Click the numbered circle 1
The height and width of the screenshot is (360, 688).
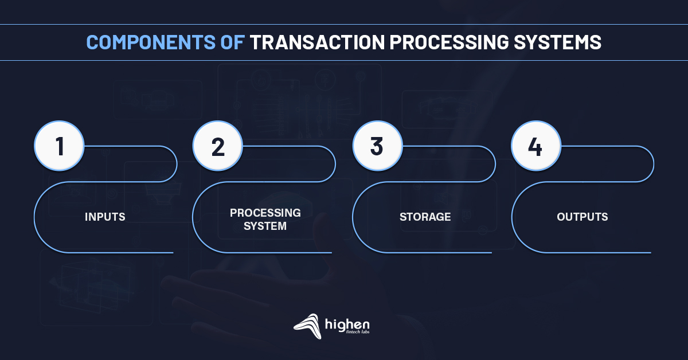tap(59, 146)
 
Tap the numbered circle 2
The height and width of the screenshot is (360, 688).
tap(218, 146)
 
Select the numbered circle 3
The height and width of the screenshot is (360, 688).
tap(377, 146)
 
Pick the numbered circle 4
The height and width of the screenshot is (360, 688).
tap(536, 146)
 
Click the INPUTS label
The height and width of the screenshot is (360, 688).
tap(105, 217)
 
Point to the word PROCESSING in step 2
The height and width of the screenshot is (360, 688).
tap(265, 213)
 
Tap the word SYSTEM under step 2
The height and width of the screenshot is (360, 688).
tap(265, 226)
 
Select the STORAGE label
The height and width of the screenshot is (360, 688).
tap(425, 217)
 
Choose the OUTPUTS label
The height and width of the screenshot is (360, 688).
tap(583, 217)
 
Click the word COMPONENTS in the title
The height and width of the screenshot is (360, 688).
tap(151, 42)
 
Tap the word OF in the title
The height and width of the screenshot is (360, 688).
tap(233, 42)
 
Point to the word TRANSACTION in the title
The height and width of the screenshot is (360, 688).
tap(317, 42)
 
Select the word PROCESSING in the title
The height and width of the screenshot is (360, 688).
tap(449, 42)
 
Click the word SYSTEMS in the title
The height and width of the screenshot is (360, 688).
tap(558, 42)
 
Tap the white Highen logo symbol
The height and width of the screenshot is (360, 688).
tap(308, 326)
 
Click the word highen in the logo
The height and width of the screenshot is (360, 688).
tap(347, 324)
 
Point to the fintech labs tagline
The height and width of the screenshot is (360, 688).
tap(358, 332)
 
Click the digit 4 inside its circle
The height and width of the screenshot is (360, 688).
tap(535, 147)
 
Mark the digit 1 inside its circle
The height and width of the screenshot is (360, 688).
tap(60, 147)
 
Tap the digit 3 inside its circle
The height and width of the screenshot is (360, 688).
tap(377, 146)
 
